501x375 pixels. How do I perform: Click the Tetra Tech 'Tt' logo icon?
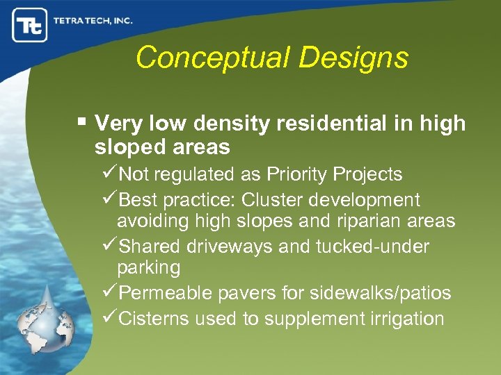pyautogui.click(x=29, y=25)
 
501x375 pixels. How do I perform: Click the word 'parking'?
pyautogui.click(x=148, y=267)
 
